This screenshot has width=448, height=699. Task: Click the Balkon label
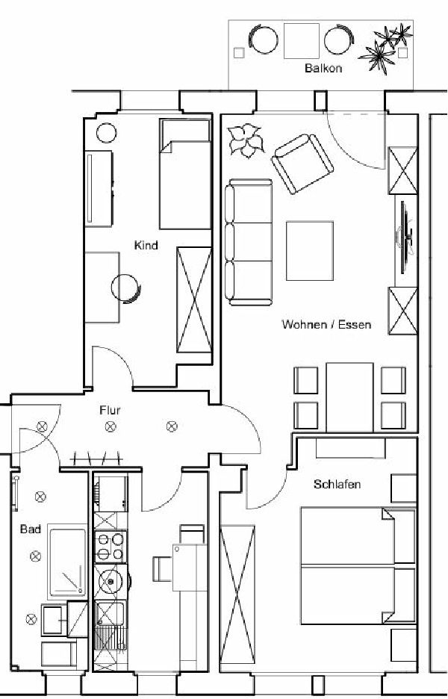[x=323, y=68]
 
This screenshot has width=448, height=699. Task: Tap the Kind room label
[x=146, y=245]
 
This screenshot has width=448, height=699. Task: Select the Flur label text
[x=110, y=410]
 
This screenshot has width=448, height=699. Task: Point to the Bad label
[x=31, y=529]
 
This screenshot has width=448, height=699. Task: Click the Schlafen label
[x=337, y=484]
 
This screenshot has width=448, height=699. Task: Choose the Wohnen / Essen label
[x=326, y=324]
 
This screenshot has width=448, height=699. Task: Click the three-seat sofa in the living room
[x=249, y=242]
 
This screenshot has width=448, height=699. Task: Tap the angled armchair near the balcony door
[x=302, y=164]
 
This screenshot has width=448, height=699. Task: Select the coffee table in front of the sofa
[x=309, y=251]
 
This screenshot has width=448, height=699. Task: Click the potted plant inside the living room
[x=246, y=140]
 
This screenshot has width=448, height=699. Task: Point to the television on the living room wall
[x=405, y=237]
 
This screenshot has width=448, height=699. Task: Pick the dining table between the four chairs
[x=349, y=397]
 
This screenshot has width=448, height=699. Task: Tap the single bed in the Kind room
[x=185, y=174]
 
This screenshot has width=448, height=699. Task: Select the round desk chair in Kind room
[x=125, y=288]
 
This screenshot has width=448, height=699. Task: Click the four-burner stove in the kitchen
[x=111, y=547]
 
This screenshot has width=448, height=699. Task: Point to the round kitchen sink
[x=111, y=581]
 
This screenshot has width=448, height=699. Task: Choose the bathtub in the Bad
[x=67, y=561]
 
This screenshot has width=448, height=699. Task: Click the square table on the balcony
[x=302, y=40]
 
